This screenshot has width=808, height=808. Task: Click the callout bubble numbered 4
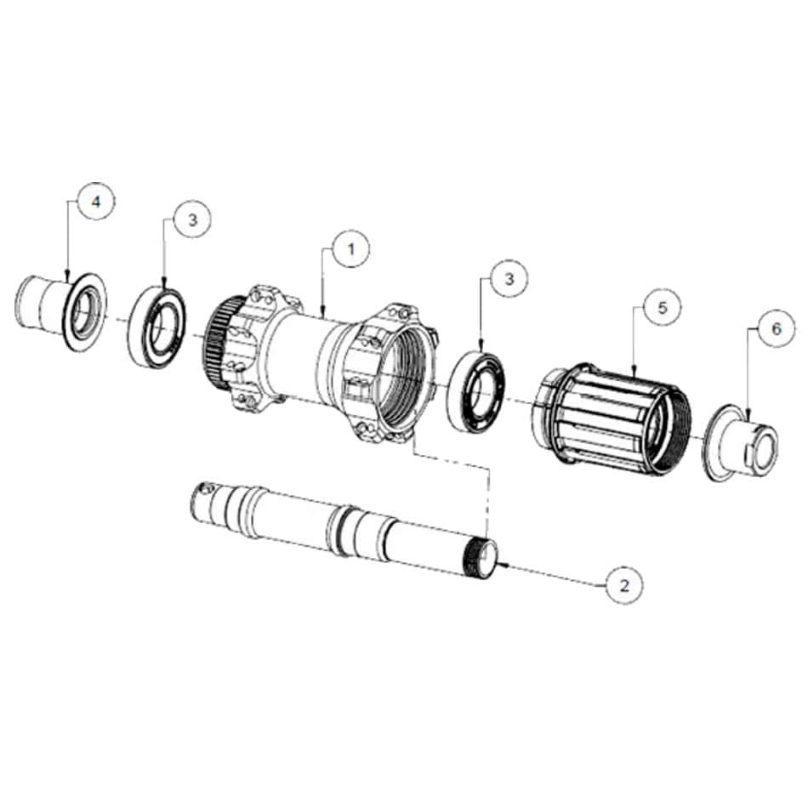(96, 202)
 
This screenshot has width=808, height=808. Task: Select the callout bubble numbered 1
(351, 249)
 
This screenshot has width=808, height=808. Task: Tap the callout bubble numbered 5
(663, 308)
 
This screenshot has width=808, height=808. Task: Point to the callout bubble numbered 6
(777, 329)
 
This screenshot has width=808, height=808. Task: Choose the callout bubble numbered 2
(624, 585)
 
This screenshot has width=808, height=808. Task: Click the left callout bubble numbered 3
(193, 220)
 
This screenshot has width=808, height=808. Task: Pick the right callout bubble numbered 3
(509, 279)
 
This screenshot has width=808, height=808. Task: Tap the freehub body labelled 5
(612, 418)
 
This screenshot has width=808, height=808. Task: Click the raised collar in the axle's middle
(339, 531)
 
